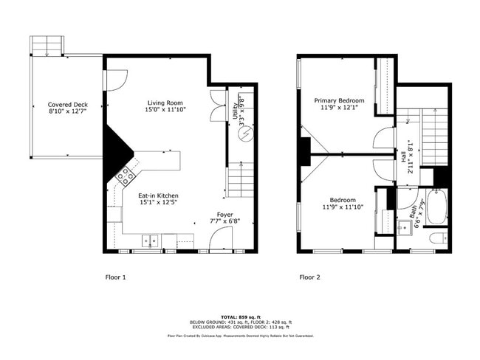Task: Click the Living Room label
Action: (x=165, y=103)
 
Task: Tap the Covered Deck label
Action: (x=67, y=105)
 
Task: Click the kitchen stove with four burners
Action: (x=126, y=175)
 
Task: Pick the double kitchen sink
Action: (x=151, y=240)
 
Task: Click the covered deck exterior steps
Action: (x=47, y=46)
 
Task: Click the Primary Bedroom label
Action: (x=339, y=100)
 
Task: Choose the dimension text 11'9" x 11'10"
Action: (x=342, y=207)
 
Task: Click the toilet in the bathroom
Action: (x=436, y=240)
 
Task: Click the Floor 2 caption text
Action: (x=309, y=278)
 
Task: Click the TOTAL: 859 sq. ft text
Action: (x=239, y=316)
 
